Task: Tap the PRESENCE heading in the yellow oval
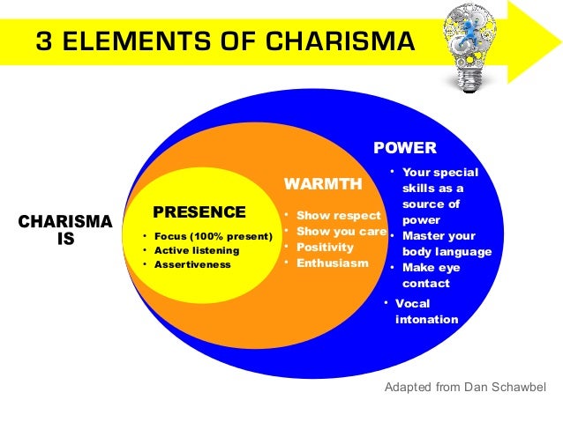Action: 199,211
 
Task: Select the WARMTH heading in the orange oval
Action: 323,184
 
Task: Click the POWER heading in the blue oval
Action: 405,147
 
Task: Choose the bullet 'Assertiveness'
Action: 191,264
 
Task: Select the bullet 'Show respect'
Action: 337,215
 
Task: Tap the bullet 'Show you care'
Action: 341,231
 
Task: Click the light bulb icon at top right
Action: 474,46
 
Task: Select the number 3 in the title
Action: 42,41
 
